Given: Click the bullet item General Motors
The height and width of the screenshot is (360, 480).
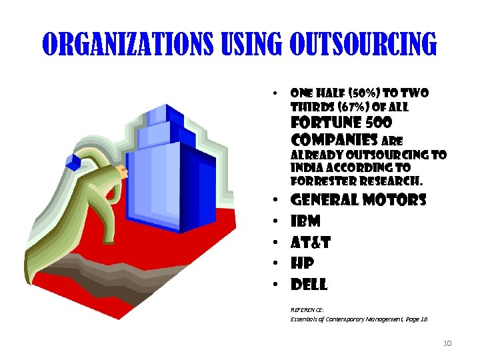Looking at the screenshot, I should tap(359, 200).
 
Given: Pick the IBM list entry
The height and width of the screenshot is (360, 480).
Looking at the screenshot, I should tap(306, 221).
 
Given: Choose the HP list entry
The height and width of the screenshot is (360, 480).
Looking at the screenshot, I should tap(303, 264).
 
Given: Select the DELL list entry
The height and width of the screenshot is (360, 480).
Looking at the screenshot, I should tap(309, 285).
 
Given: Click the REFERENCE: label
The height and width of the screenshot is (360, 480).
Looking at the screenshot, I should tap(307, 310).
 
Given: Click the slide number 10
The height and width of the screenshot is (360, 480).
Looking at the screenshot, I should tap(447, 343).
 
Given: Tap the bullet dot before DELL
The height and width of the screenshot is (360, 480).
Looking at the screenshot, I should tap(275, 285).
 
